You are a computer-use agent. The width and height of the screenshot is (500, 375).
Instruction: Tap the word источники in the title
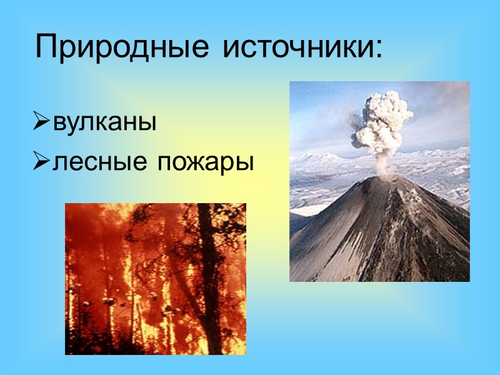(294, 47)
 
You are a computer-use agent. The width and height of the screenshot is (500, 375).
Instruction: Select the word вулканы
(104, 122)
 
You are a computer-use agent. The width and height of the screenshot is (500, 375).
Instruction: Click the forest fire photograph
(156, 279)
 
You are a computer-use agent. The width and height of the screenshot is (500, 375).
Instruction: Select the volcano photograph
(379, 181)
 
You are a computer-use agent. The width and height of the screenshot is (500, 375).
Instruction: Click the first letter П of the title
(47, 47)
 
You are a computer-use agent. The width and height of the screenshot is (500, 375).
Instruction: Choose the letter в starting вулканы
(59, 123)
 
